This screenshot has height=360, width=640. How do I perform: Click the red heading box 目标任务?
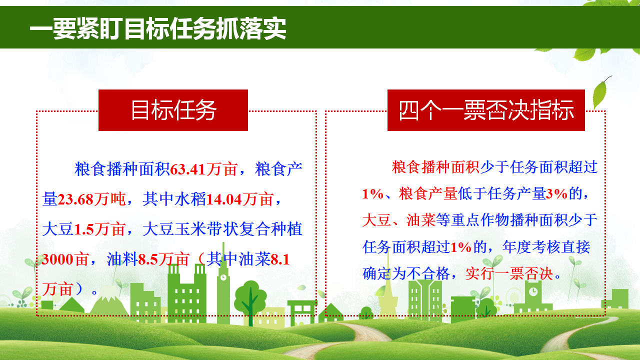pos(173,110)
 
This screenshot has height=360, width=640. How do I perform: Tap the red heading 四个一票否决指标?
pos(486,110)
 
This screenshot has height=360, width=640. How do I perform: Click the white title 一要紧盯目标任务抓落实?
pos(158,28)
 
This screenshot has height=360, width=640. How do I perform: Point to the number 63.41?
pos(187,169)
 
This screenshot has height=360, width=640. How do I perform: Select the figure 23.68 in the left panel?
pos(75,199)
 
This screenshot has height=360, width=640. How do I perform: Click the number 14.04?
pos(224,199)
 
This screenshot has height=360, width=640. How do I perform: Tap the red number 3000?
pos(56,259)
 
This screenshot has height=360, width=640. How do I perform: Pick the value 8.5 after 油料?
pos(148,259)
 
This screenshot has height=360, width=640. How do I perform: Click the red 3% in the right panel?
pos(556,194)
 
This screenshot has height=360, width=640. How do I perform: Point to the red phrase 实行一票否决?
pos(509,273)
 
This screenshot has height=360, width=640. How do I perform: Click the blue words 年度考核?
pos(531,247)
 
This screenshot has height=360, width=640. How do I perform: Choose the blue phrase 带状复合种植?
pos(253,229)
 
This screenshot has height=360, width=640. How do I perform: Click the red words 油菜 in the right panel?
pos(421,220)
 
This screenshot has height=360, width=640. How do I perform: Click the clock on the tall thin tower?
pos(223,277)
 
